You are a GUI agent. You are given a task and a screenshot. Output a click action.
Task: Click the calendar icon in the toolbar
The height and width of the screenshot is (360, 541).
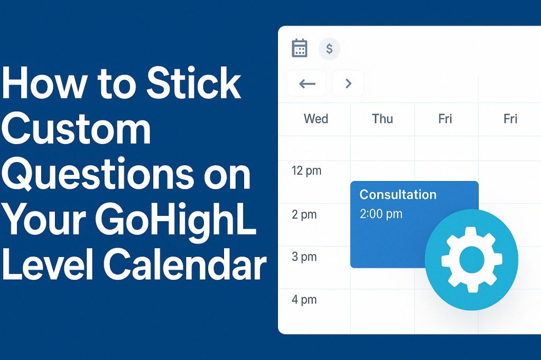coord(300,48)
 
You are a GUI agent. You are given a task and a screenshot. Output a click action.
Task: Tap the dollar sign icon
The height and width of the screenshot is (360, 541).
coord(330,49)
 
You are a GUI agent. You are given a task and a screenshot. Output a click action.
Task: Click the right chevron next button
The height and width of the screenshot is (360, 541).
coord(348,83)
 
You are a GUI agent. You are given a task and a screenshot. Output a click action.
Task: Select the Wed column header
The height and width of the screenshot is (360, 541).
coord(316,119)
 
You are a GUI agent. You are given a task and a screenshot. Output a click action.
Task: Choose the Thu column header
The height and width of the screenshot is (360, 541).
coord(382,119)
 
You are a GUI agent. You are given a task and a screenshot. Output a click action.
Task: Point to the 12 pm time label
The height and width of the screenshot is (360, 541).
coord(306,171)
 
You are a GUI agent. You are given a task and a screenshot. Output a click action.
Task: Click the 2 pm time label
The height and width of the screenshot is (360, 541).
coord(304,214)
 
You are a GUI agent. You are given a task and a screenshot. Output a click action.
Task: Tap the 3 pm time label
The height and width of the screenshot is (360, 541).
coord(304,257)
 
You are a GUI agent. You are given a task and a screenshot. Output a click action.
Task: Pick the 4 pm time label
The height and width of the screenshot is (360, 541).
coord(304,300)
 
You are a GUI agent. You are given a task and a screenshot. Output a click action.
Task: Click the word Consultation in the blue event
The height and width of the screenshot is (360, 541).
coord(398,194)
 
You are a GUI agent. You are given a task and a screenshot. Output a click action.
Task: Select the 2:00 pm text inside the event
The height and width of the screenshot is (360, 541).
coord(381,214)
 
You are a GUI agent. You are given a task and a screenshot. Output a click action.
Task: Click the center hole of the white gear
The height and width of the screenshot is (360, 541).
coord(471,259)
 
